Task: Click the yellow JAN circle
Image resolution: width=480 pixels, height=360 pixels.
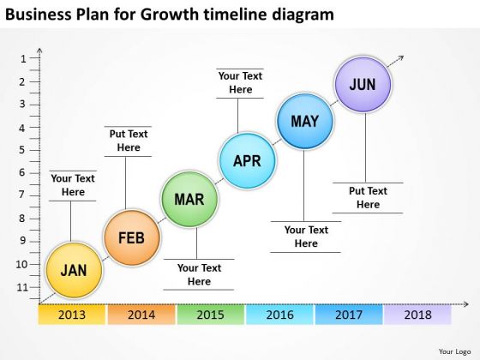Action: coord(74,270)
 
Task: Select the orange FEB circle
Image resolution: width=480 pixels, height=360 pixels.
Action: coord(131,237)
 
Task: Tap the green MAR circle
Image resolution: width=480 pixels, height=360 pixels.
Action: coord(189,200)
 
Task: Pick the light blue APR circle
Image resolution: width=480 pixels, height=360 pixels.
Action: coord(247,160)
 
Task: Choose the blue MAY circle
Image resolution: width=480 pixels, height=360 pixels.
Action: coord(304,122)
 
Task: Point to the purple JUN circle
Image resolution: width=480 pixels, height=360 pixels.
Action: coord(363,84)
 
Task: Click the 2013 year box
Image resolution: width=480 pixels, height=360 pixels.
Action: coord(73,315)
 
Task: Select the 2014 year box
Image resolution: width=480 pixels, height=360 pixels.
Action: coord(141,315)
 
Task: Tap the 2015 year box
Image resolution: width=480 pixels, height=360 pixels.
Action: coord(210,315)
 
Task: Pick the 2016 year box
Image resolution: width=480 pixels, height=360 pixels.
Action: coord(279,315)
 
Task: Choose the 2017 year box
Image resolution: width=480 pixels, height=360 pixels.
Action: coord(348,315)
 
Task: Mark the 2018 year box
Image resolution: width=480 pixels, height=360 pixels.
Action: coord(417,315)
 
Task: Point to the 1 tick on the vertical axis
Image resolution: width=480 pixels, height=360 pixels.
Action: coord(23,59)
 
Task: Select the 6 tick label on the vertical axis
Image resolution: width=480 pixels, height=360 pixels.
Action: coord(23,172)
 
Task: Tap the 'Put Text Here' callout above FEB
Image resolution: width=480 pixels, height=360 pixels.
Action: coord(128,141)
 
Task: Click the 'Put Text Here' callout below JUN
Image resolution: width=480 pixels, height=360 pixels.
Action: coord(368,198)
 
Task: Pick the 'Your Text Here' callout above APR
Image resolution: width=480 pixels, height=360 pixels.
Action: coord(240,82)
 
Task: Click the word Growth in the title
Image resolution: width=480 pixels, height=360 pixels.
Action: coord(180,15)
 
